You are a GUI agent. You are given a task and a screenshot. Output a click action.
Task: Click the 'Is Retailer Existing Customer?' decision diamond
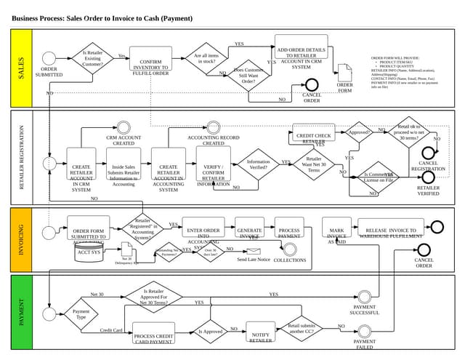[x=92, y=58]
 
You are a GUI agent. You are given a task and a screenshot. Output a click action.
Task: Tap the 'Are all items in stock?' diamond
[x=206, y=59]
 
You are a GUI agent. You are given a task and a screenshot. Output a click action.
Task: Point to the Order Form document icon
[x=344, y=73]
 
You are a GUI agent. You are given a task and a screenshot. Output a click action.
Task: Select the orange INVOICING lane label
[x=21, y=239]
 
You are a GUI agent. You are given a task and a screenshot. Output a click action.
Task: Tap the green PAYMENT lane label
[x=21, y=312]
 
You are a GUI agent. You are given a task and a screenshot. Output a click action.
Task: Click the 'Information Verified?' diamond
[x=258, y=165]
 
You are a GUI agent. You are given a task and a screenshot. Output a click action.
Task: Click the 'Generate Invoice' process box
[x=249, y=231]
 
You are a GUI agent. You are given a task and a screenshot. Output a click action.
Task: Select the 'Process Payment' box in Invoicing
[x=289, y=231]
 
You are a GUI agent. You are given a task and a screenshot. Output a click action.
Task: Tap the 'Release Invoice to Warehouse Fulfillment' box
[x=390, y=231]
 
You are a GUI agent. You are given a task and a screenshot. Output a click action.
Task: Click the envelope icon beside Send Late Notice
[x=253, y=250]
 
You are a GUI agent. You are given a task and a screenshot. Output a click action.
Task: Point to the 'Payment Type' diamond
[x=81, y=314]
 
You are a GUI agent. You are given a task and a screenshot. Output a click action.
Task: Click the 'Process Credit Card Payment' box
[x=153, y=335]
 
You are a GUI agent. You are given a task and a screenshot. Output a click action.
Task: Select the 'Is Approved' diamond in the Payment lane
[x=210, y=332]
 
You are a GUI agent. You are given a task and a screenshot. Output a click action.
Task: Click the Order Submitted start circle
[x=49, y=59]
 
